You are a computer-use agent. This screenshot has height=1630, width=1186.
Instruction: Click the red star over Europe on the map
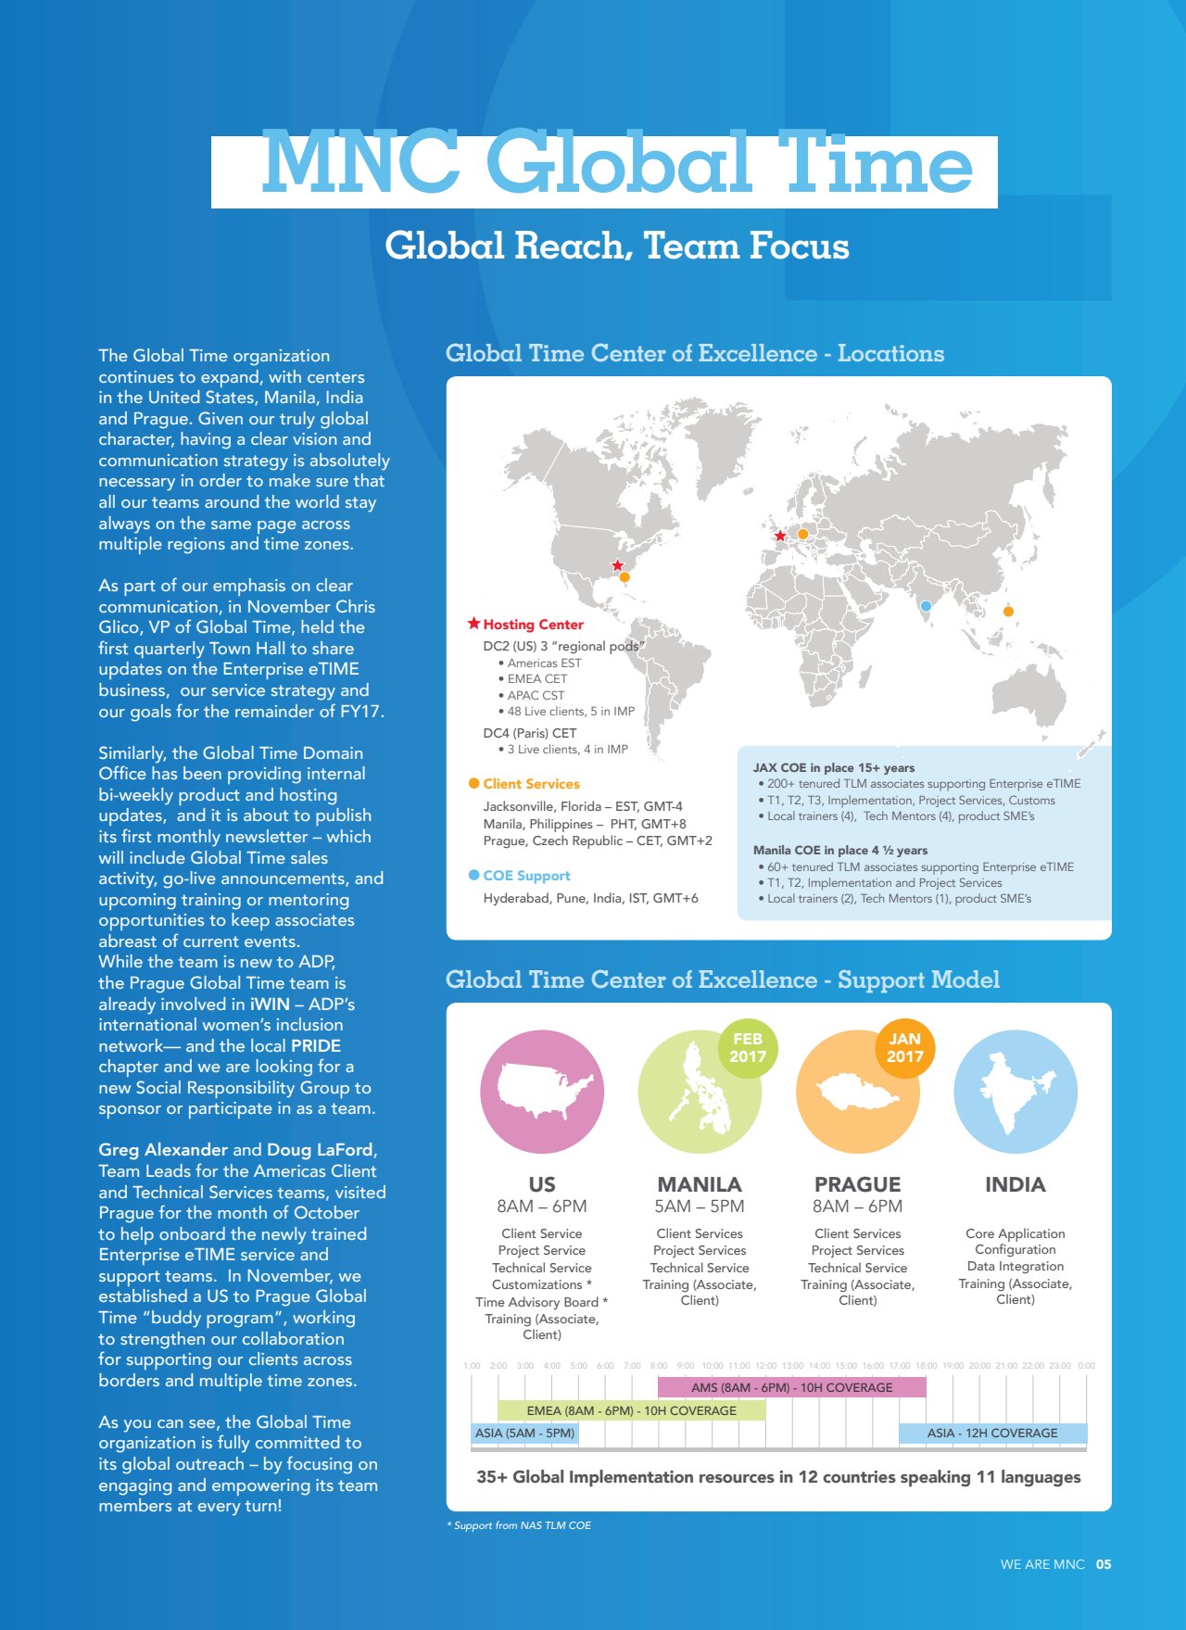point(780,536)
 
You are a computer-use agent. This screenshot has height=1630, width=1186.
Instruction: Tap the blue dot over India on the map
point(926,606)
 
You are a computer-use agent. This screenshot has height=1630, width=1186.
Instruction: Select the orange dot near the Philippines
point(1008,612)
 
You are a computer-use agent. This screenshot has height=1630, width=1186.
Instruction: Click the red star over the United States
point(617,565)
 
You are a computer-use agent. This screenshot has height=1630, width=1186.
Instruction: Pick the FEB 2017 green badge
point(748,1047)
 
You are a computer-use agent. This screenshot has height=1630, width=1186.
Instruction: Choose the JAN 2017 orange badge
point(905,1047)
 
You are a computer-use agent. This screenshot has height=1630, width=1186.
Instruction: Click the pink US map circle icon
point(542,1092)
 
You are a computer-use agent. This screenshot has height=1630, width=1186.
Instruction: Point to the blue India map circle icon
point(1016,1092)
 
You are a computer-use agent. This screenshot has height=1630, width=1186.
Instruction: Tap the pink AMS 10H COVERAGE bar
point(791,1387)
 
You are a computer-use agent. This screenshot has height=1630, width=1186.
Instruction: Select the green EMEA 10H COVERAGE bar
point(631,1410)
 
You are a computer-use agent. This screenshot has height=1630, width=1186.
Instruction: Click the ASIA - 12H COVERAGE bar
point(992,1433)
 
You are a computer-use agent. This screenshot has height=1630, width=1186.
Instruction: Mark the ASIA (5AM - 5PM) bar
point(524,1433)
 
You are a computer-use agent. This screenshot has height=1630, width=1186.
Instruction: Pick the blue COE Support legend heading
point(526,876)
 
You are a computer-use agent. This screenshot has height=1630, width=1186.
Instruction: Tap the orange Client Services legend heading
point(531,784)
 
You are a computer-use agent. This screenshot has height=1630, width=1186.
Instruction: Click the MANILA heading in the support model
point(700,1184)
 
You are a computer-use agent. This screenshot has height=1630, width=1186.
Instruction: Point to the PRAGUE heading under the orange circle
point(857,1184)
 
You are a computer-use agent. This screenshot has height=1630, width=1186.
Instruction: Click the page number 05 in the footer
point(1104,1564)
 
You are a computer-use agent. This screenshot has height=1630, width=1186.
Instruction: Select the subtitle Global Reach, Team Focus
point(617,246)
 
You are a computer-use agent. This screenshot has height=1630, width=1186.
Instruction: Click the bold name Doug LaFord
point(319,1150)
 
